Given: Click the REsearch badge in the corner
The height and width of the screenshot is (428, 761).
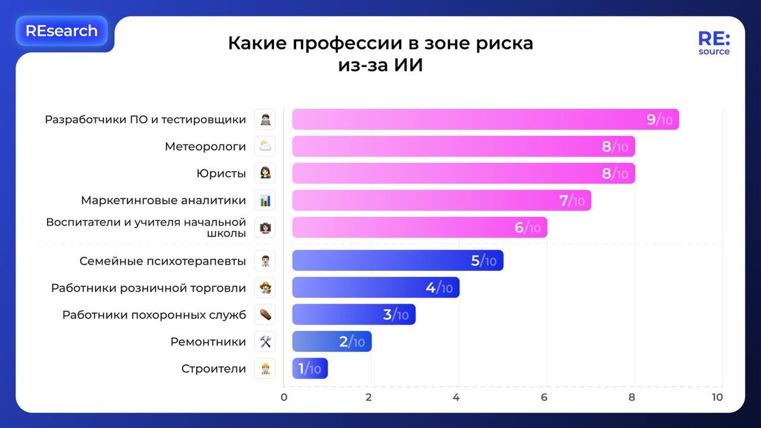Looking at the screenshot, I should pyautogui.click(x=62, y=31).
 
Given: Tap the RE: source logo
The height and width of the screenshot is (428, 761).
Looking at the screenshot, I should pyautogui.click(x=713, y=42).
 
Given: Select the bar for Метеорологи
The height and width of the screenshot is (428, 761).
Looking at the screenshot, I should pyautogui.click(x=463, y=146).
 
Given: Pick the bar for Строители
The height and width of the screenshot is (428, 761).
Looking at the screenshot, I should pyautogui.click(x=309, y=368).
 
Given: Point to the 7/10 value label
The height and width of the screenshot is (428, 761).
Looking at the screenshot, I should pyautogui.click(x=571, y=201).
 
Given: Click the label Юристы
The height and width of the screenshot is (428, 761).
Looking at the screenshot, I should pyautogui.click(x=221, y=174).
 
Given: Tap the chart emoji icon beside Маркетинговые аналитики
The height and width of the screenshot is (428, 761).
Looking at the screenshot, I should pyautogui.click(x=265, y=200).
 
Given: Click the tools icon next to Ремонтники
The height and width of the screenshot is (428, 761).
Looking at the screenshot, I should pyautogui.click(x=265, y=342).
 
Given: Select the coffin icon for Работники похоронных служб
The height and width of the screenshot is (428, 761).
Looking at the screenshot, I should pyautogui.click(x=265, y=315).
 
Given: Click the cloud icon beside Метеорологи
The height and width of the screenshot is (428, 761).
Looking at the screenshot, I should pyautogui.click(x=265, y=146).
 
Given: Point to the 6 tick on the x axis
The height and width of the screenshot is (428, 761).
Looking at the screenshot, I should pyautogui.click(x=544, y=398).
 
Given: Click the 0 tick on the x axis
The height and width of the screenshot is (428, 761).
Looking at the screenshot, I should pyautogui.click(x=284, y=398).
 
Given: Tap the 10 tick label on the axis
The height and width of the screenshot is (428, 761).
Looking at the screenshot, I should pyautogui.click(x=717, y=398).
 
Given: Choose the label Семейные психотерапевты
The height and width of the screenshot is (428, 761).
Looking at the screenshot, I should pyautogui.click(x=162, y=261).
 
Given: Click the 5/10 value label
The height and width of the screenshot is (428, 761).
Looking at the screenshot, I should pyautogui.click(x=483, y=261).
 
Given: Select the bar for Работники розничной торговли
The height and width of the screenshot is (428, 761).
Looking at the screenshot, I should pyautogui.click(x=375, y=287).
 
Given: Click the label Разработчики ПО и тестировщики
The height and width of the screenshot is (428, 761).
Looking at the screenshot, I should pyautogui.click(x=145, y=119).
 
